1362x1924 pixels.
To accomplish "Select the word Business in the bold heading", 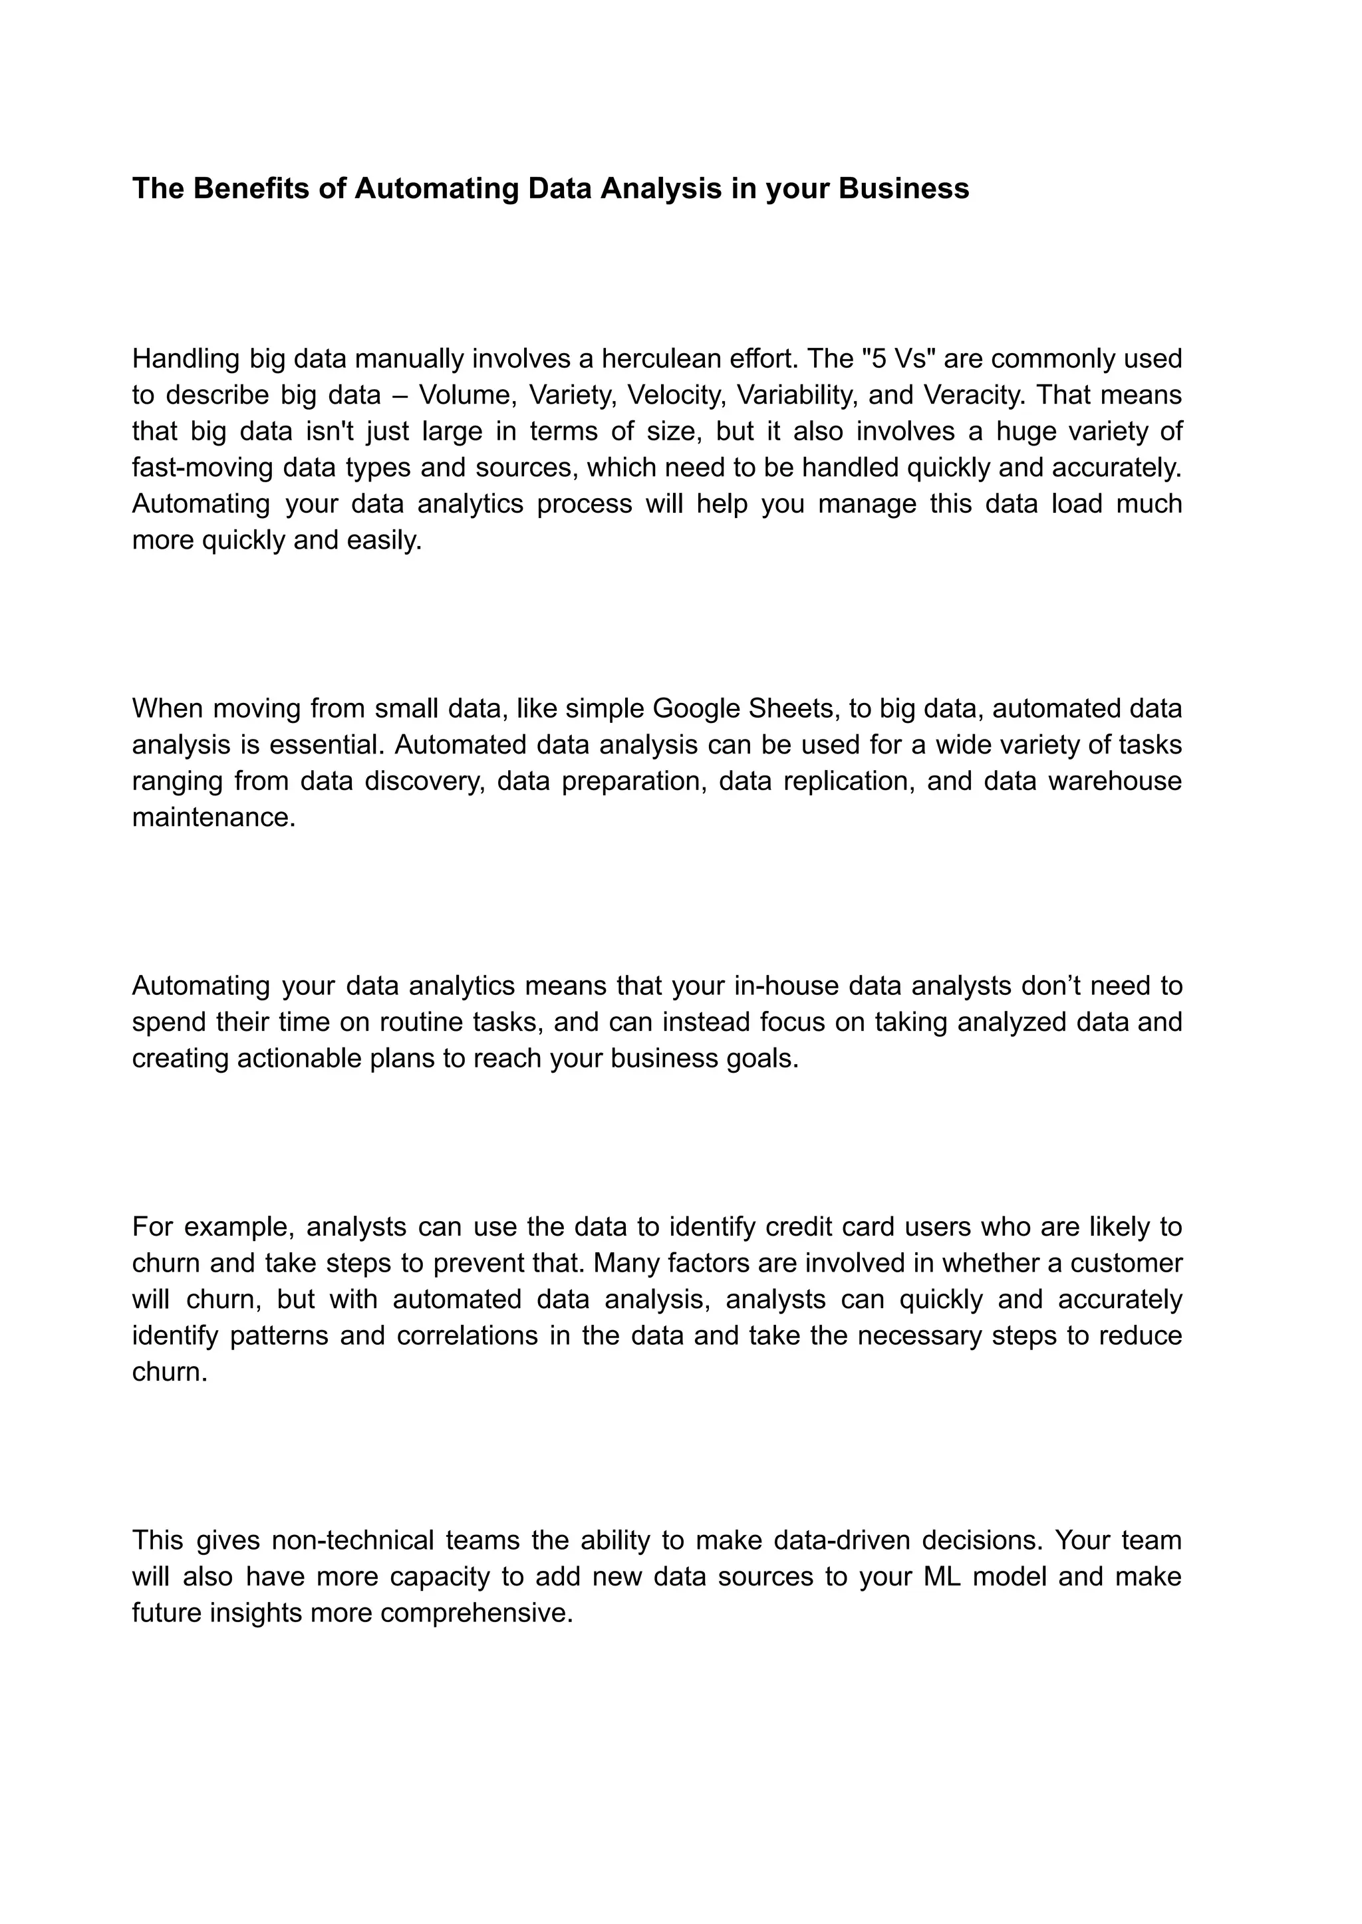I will pyautogui.click(x=903, y=189).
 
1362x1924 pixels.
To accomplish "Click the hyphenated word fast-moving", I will pyautogui.click(x=203, y=467).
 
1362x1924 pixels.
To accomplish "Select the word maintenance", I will pyautogui.click(x=214, y=817).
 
